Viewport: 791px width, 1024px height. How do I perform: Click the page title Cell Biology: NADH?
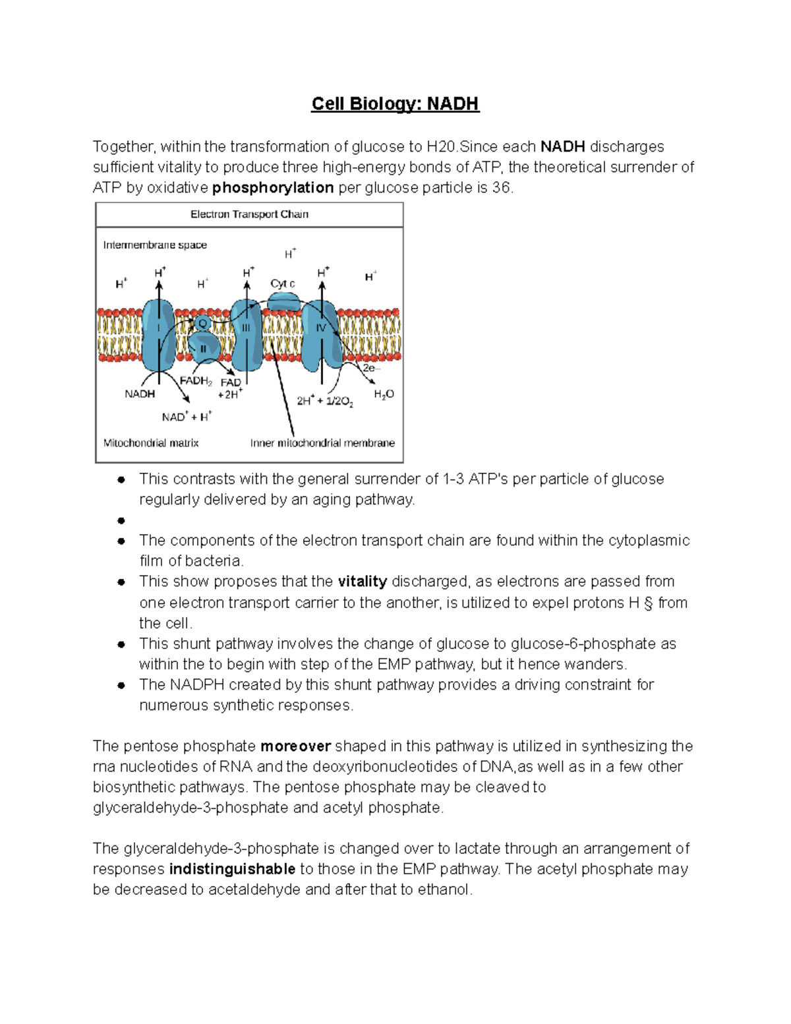tap(395, 104)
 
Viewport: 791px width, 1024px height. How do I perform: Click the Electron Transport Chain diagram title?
tap(249, 214)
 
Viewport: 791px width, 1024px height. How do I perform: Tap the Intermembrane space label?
tap(155, 245)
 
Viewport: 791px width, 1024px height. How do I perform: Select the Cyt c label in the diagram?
tap(282, 284)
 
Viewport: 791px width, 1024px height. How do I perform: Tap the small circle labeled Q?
tap(203, 324)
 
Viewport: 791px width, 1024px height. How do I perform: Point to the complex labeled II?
tap(204, 348)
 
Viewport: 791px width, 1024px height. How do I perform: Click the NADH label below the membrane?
tap(140, 394)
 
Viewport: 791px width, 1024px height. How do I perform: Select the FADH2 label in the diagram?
tap(195, 380)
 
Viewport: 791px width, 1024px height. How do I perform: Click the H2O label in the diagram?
tap(384, 394)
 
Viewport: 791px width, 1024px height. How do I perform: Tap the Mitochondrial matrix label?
tap(151, 443)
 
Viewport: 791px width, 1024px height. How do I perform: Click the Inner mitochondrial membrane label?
tap(322, 443)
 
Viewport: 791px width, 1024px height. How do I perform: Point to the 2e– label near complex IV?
tap(371, 369)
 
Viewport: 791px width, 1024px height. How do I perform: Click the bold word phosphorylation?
tap(273, 188)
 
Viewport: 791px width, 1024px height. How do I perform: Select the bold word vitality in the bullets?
tap(362, 582)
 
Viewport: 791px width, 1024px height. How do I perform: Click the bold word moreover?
tap(295, 746)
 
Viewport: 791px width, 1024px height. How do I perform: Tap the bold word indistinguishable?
tap(232, 869)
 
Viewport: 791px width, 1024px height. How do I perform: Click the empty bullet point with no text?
tap(121, 521)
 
